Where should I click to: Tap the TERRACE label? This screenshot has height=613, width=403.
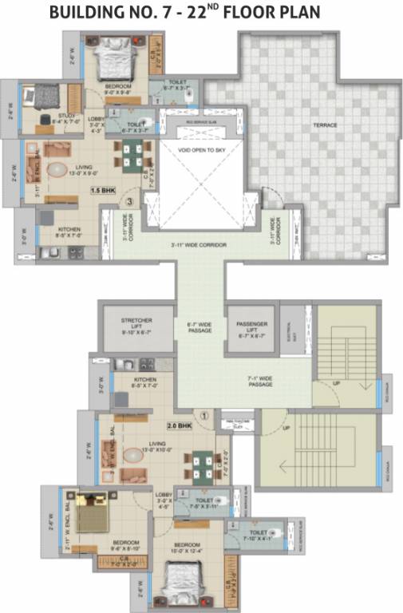coord(324,125)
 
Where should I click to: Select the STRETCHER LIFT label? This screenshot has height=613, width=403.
coord(136,325)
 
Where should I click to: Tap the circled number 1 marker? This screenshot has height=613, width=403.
coord(203,415)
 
